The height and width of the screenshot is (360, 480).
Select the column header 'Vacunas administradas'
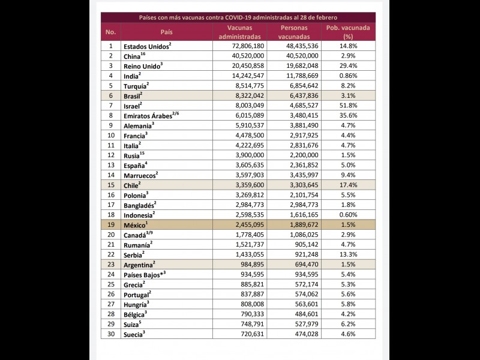point(244,32)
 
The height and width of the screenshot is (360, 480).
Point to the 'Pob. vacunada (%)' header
point(348,32)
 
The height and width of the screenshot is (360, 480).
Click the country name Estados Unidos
point(146,46)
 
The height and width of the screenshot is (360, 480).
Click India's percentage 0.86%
point(349,76)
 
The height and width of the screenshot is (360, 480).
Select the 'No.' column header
point(110,32)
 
